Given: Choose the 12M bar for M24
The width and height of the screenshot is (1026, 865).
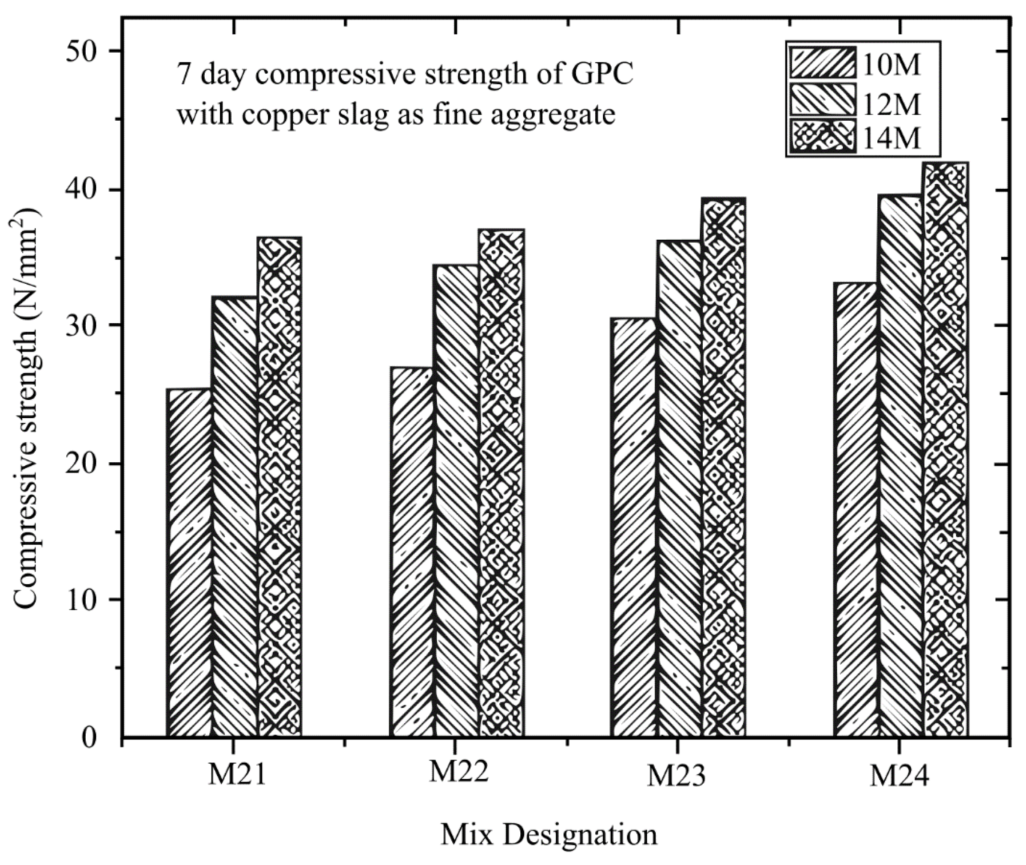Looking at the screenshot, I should point(901,466).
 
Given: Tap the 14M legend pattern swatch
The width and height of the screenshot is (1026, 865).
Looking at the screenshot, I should point(822,136).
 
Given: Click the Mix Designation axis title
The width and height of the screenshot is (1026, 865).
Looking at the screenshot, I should point(549,834).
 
